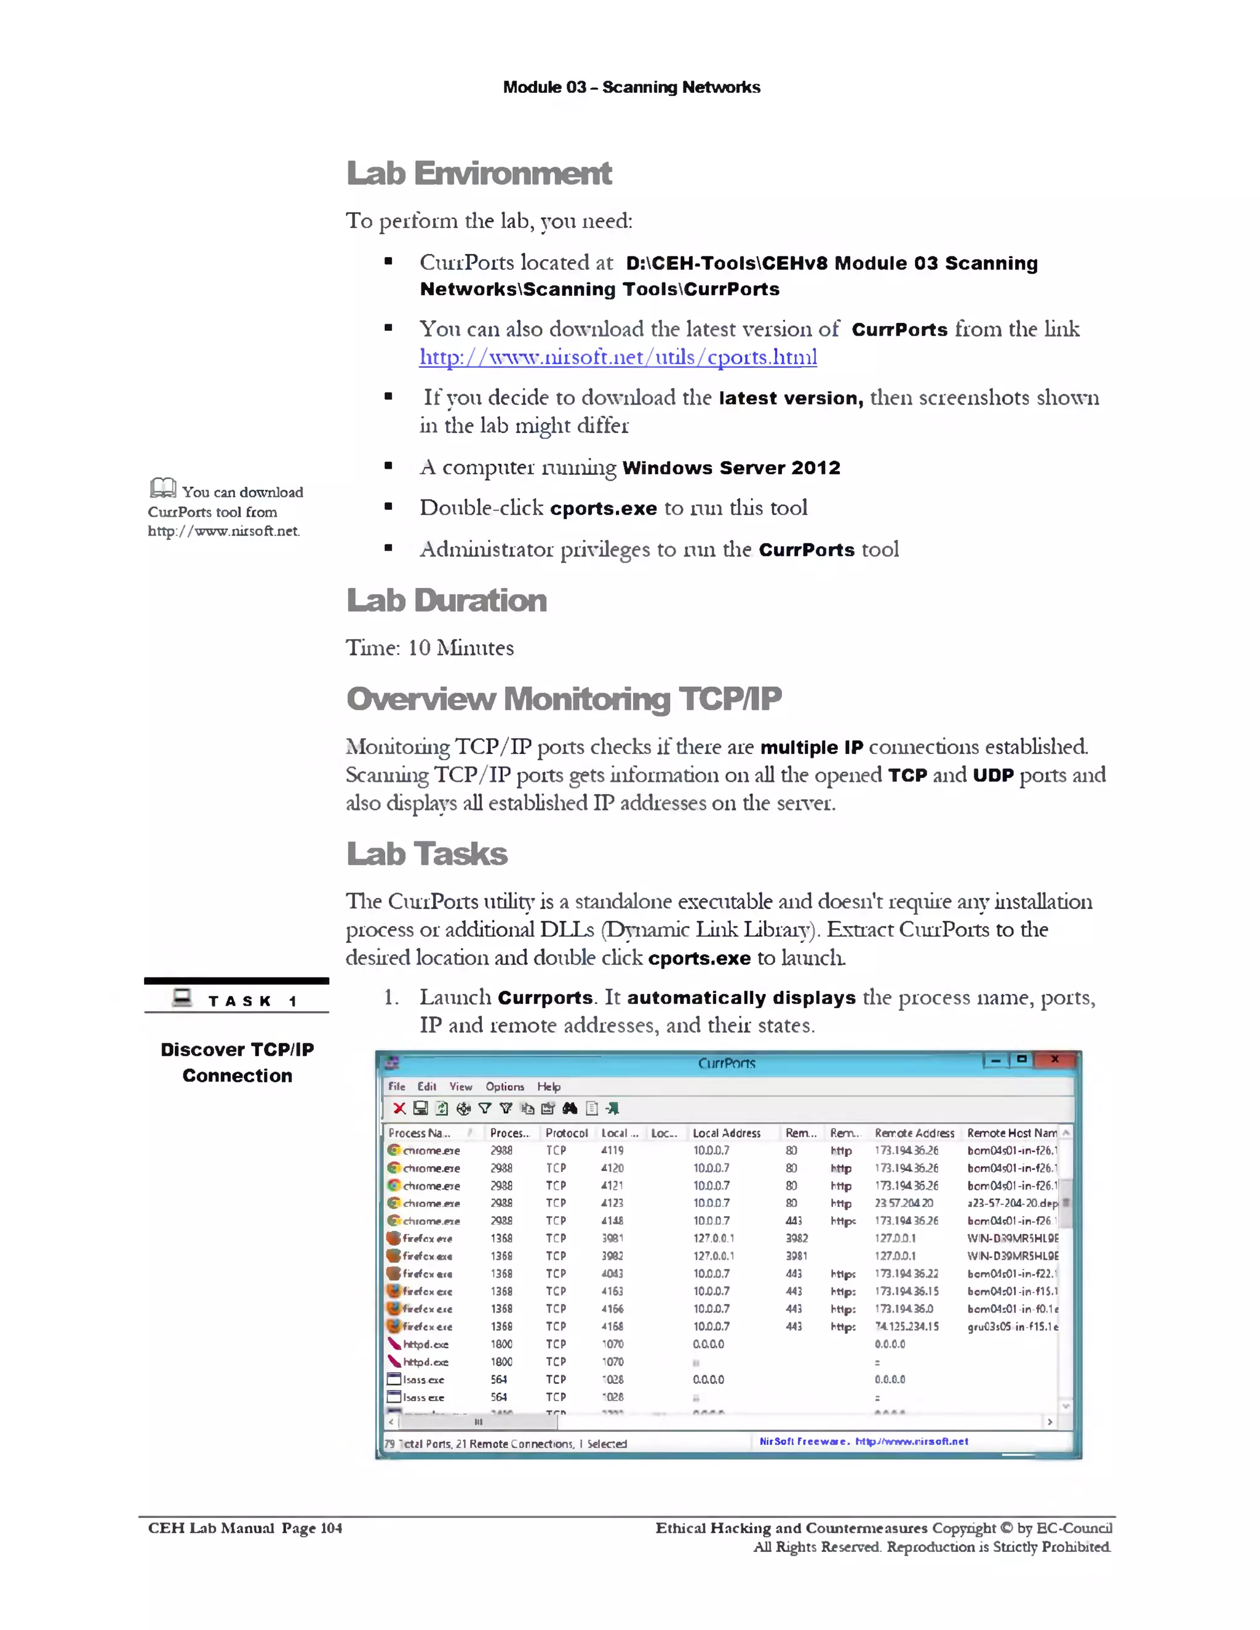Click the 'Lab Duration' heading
pyautogui.click(x=447, y=601)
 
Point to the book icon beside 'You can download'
pyautogui.click(x=162, y=488)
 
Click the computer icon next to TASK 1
pyautogui.click(x=182, y=998)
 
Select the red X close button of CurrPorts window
pyautogui.click(x=1054, y=1059)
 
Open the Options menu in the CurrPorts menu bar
pyautogui.click(x=504, y=1087)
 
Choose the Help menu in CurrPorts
pyautogui.click(x=549, y=1087)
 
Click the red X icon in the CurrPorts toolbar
pyautogui.click(x=399, y=1108)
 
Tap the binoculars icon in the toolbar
pyautogui.click(x=570, y=1108)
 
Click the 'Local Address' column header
pyautogui.click(x=727, y=1133)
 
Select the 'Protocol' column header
pyautogui.click(x=566, y=1133)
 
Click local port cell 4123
pyautogui.click(x=612, y=1203)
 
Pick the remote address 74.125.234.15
pyautogui.click(x=906, y=1326)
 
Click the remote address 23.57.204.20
pyautogui.click(x=903, y=1203)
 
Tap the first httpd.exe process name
pyautogui.click(x=426, y=1344)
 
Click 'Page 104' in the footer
pyautogui.click(x=311, y=1528)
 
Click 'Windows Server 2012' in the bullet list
pyautogui.click(x=731, y=468)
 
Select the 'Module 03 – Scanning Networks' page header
pyautogui.click(x=631, y=87)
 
